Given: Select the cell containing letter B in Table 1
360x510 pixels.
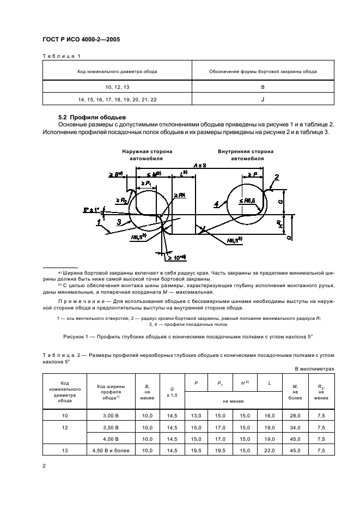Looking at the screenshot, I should [x=263, y=86].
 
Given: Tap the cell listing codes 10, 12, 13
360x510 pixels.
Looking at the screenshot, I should [x=117, y=86].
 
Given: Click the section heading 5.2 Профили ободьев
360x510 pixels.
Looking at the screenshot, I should [x=92, y=117].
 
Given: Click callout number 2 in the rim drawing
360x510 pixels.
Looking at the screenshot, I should [x=277, y=177].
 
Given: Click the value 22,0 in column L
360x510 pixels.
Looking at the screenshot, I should [x=270, y=451].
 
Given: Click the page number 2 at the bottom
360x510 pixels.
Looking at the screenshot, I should [x=44, y=466].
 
